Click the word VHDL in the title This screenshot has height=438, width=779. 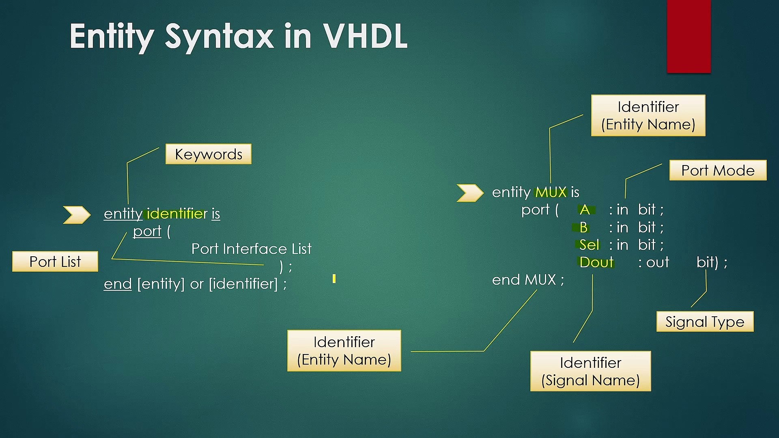(365, 36)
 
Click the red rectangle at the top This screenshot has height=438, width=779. (689, 36)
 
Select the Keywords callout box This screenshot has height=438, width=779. (209, 154)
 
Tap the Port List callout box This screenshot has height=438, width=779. (55, 262)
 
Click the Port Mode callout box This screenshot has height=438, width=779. (718, 170)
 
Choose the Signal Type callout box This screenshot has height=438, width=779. (705, 322)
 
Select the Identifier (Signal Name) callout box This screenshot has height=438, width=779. (590, 371)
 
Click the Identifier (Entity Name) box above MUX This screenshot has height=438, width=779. (648, 116)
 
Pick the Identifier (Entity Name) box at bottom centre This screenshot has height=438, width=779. (344, 351)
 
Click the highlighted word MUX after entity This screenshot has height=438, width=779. (551, 192)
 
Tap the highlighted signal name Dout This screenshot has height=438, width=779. (596, 262)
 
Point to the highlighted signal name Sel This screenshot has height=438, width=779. (589, 245)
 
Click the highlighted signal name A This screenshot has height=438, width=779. (585, 210)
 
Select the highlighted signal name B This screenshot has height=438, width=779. (583, 228)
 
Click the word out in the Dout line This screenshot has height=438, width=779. (657, 262)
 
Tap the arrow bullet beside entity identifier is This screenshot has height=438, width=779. (76, 215)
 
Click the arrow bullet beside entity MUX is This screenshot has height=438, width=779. (470, 193)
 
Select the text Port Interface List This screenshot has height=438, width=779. (251, 249)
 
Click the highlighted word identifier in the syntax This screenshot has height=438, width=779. (177, 214)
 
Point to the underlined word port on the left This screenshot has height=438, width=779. (147, 231)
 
